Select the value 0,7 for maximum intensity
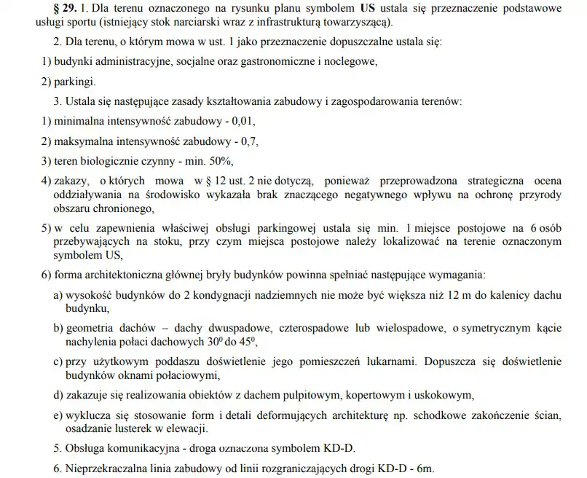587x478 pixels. (x=246, y=140)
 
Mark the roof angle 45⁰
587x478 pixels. (x=250, y=340)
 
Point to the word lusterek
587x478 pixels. (x=135, y=427)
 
